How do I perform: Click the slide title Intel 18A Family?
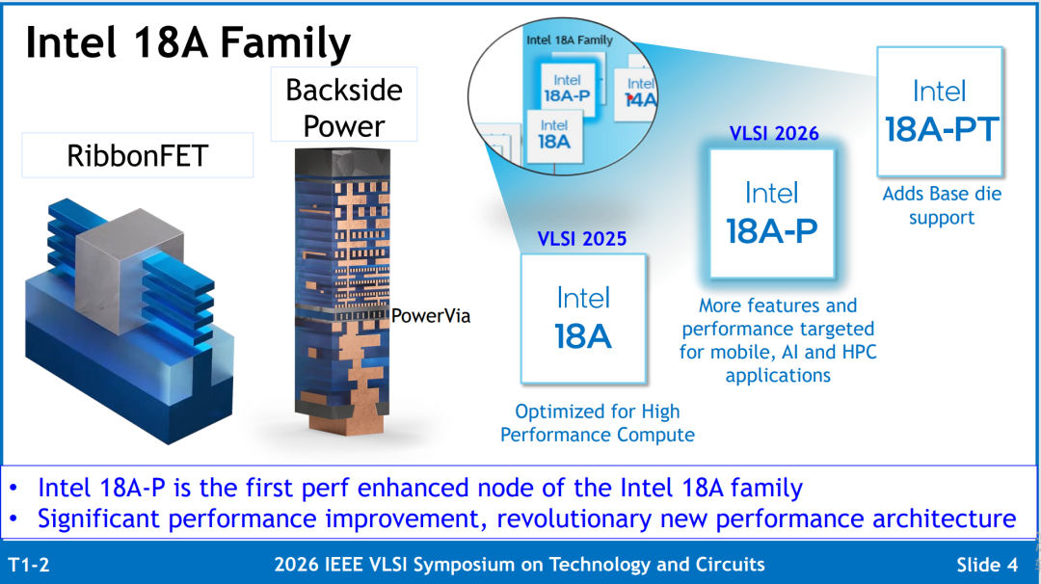point(188,43)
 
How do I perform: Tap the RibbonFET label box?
point(138,155)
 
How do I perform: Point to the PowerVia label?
point(431,316)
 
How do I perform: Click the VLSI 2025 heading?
point(581,239)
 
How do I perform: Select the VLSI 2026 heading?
point(774,133)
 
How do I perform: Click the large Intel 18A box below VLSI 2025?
point(583,319)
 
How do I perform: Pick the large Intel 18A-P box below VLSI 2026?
point(772,214)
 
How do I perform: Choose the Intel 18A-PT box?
point(940,112)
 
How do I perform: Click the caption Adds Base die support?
point(942,205)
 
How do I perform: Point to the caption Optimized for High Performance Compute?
point(598,423)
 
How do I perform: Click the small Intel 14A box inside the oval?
point(637,92)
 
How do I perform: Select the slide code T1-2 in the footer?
point(29,565)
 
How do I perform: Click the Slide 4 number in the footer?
point(987,565)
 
